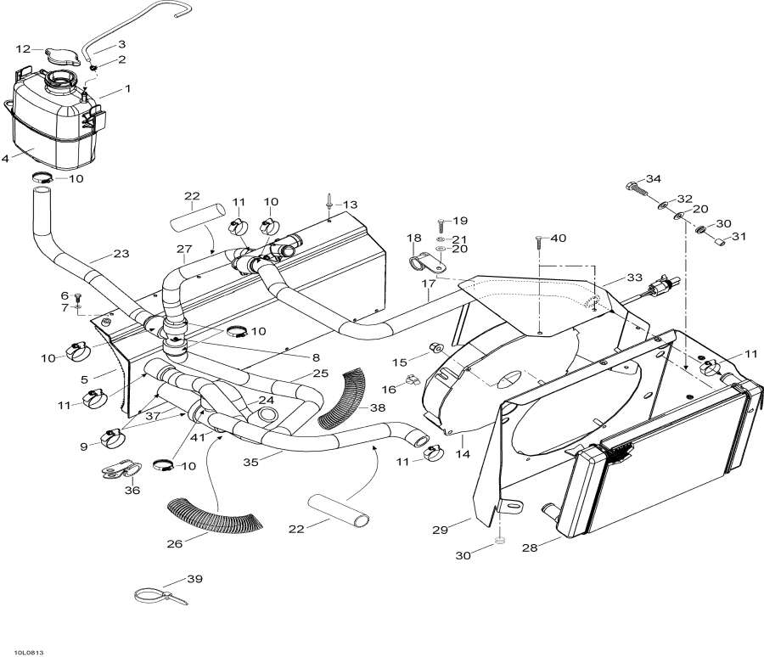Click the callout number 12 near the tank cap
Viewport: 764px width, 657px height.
coord(23,48)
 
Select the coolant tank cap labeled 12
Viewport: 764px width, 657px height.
coord(62,57)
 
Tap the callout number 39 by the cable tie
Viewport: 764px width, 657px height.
coord(195,579)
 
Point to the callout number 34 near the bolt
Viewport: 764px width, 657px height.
coord(654,179)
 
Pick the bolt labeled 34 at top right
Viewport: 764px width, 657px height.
coord(636,188)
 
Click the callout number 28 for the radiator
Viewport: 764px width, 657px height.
coord(530,547)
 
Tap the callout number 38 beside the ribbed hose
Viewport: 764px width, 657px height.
coord(378,407)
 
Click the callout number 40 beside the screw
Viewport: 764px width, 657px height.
coord(559,238)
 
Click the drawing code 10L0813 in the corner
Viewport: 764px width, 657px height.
coord(25,653)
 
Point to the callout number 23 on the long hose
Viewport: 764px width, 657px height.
coord(121,254)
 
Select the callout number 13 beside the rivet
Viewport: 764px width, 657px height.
coord(350,205)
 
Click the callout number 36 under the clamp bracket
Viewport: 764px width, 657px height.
coord(132,491)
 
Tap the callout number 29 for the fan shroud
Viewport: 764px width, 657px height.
coord(440,530)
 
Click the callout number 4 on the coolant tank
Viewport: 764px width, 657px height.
coord(5,159)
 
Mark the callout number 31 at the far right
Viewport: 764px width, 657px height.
coord(739,237)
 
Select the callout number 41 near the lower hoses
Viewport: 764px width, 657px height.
coord(198,437)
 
